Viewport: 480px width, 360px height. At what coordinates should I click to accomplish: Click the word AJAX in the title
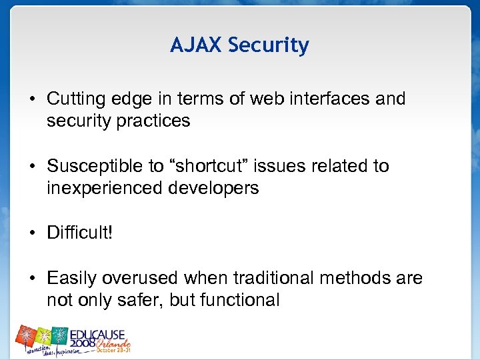tap(196, 45)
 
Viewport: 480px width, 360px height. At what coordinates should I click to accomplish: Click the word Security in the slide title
tap(269, 46)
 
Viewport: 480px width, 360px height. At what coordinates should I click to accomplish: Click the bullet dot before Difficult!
tap(31, 233)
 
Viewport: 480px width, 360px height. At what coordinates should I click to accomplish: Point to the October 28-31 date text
tap(114, 349)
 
